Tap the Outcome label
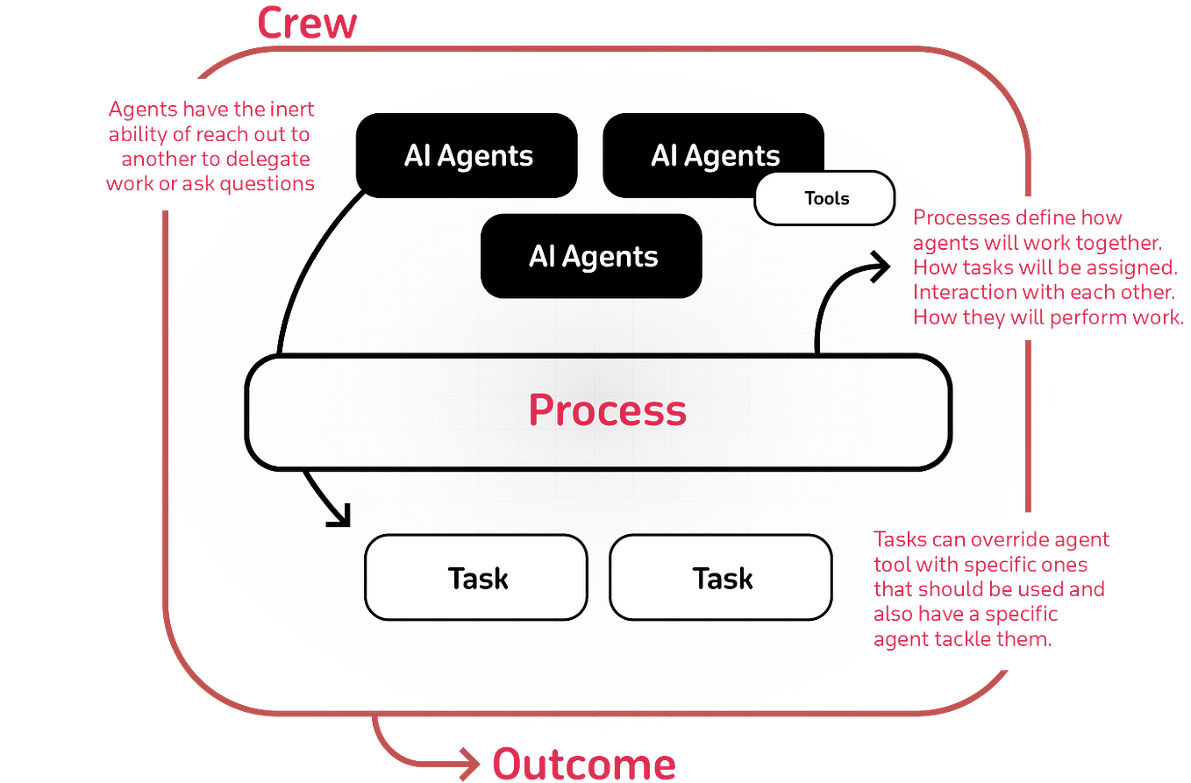582,765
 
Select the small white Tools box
825,198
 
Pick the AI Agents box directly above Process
592,256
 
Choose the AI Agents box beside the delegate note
467,156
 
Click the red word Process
607,410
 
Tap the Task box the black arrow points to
476,578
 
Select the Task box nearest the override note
721,578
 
